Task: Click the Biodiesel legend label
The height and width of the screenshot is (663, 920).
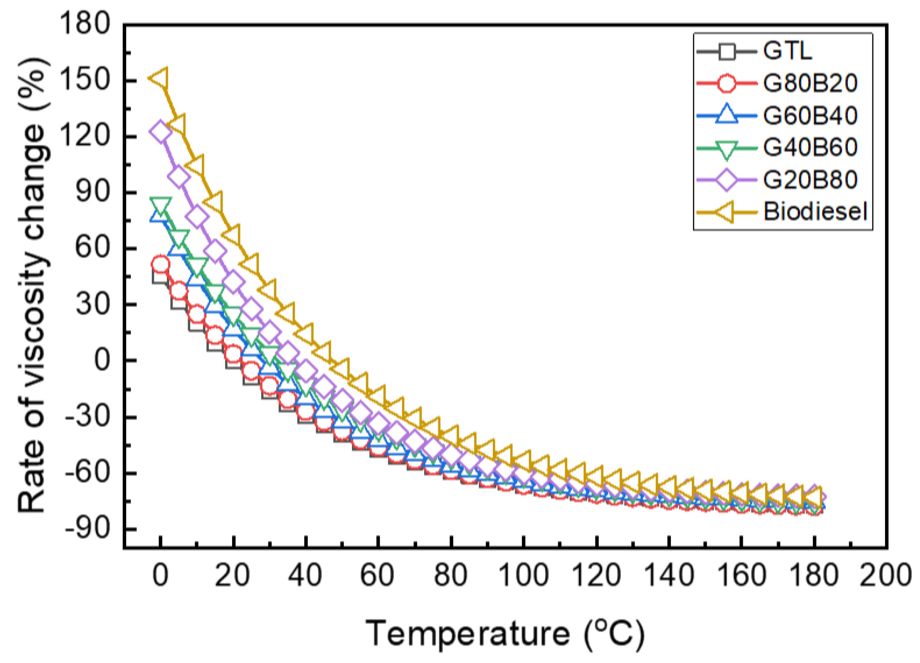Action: [815, 212]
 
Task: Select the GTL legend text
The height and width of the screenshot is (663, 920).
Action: [787, 51]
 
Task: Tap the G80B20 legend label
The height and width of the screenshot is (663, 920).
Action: [810, 83]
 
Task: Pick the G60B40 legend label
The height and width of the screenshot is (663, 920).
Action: [810, 116]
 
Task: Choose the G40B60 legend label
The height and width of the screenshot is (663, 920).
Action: [810, 148]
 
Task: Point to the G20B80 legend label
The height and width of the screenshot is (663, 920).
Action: [810, 180]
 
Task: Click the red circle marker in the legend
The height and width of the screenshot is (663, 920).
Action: [727, 83]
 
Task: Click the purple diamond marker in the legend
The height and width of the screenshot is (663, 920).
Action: [727, 180]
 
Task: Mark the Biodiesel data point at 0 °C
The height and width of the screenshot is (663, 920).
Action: [160, 79]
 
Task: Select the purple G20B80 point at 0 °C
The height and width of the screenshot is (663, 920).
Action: [160, 132]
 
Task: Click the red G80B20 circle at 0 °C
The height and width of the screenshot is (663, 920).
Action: [160, 264]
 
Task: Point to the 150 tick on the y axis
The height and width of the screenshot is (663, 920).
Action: [85, 80]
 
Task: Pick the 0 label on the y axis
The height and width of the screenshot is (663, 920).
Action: [102, 360]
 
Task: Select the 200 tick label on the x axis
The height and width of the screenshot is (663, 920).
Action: [885, 576]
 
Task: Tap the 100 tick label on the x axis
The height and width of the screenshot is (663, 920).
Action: [523, 576]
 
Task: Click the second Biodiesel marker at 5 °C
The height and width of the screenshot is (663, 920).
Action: [178, 125]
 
